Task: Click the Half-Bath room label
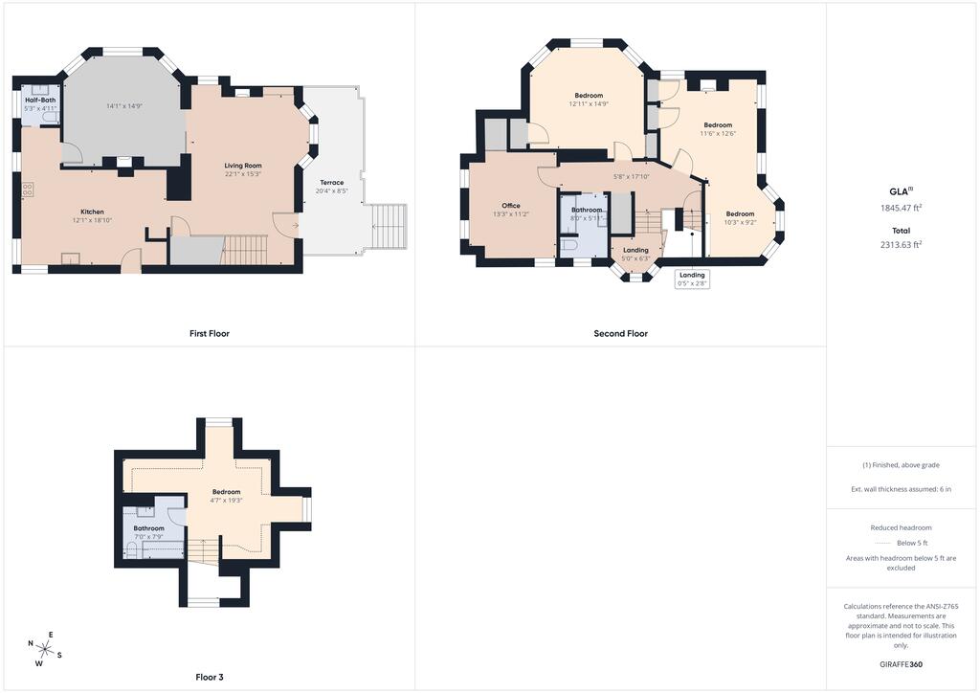[40, 100]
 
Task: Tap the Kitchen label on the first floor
[92, 212]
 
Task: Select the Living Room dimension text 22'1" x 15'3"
[243, 174]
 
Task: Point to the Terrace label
[332, 183]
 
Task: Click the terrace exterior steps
[389, 226]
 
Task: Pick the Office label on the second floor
[511, 206]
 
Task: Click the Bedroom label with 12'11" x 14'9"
[589, 96]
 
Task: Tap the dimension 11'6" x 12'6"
[718, 134]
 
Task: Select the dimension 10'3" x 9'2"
[740, 222]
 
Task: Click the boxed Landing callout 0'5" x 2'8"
[693, 279]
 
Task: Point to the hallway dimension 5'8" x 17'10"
[632, 177]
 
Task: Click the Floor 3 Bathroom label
[148, 528]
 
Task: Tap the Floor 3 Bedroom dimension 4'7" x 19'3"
[226, 501]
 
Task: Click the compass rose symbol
[44, 649]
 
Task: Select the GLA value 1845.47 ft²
[902, 208]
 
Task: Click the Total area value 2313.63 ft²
[902, 245]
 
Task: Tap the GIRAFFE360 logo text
[902, 664]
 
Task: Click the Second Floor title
[620, 334]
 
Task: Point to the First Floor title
[210, 334]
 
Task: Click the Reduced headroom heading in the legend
[902, 528]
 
